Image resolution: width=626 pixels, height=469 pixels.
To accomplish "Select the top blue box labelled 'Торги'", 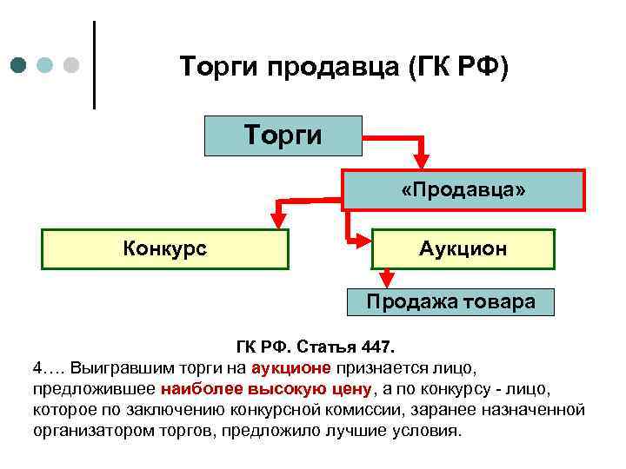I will (x=283, y=135).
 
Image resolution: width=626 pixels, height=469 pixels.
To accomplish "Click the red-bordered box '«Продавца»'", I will (x=463, y=189).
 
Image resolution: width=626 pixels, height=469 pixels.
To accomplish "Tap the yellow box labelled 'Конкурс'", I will (x=165, y=248).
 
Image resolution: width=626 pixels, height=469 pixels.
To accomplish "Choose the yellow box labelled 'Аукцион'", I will (x=463, y=248).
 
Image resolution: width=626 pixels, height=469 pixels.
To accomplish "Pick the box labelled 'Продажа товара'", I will (x=450, y=302).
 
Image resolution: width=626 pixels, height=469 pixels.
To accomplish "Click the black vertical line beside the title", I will (x=94, y=65).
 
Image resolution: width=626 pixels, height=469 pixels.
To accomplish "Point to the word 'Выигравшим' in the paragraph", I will (x=114, y=367).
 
